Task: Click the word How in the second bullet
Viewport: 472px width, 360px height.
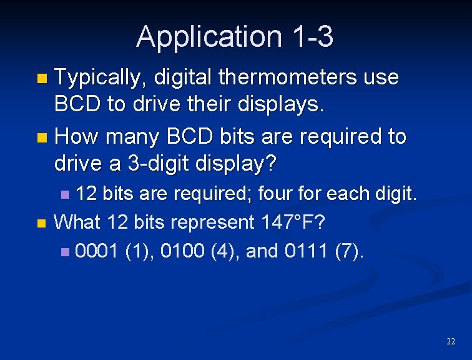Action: [x=76, y=136]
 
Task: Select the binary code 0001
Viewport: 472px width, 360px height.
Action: [x=97, y=251]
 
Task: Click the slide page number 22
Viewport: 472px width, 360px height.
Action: [x=451, y=341]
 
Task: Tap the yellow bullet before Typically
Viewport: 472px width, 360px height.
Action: [x=42, y=79]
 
